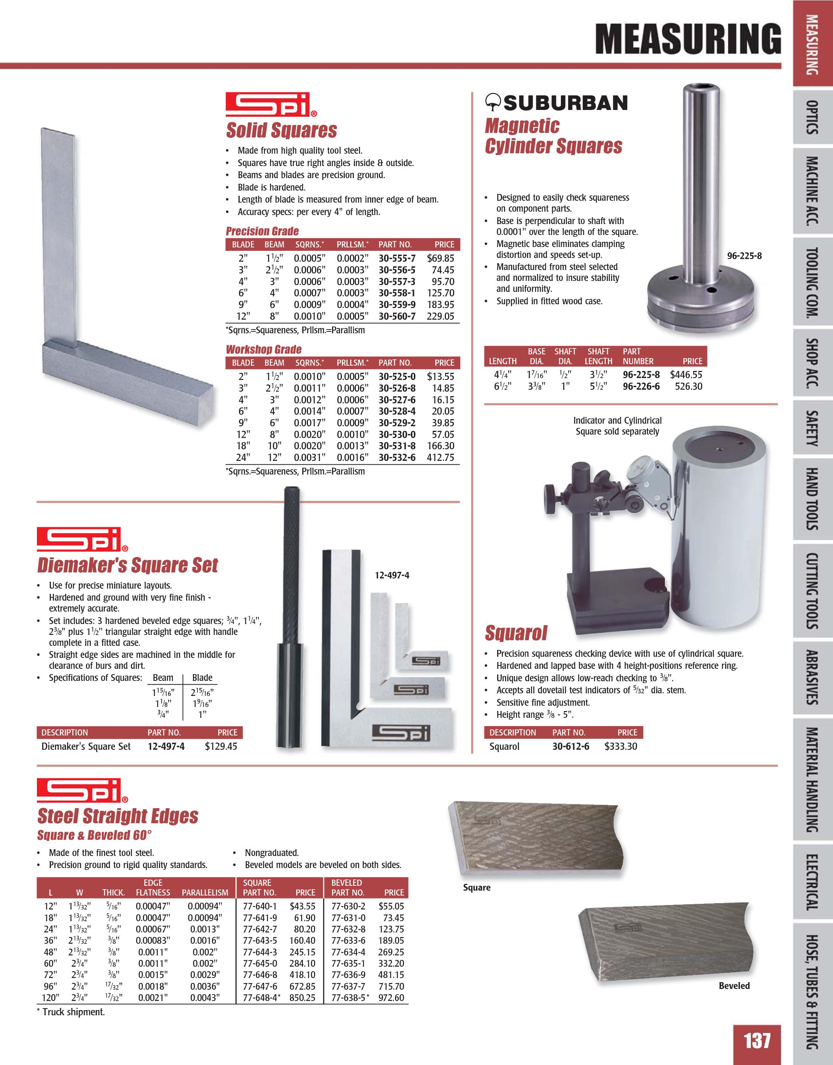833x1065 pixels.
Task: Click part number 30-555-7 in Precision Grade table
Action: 397,258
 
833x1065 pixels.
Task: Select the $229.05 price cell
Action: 440,316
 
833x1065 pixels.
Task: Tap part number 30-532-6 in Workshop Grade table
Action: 397,458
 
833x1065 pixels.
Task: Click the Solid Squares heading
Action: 282,131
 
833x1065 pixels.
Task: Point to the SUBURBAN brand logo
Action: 557,103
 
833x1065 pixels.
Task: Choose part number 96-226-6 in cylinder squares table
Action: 641,387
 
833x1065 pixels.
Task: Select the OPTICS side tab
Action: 812,117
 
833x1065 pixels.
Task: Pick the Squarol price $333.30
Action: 621,746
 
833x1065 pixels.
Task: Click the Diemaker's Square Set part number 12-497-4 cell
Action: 166,746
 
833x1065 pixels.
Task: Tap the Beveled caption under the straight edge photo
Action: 734,986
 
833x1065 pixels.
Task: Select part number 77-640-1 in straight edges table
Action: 260,906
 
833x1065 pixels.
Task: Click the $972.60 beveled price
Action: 391,998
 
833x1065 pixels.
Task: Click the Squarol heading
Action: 516,633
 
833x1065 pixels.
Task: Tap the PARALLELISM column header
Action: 205,893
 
